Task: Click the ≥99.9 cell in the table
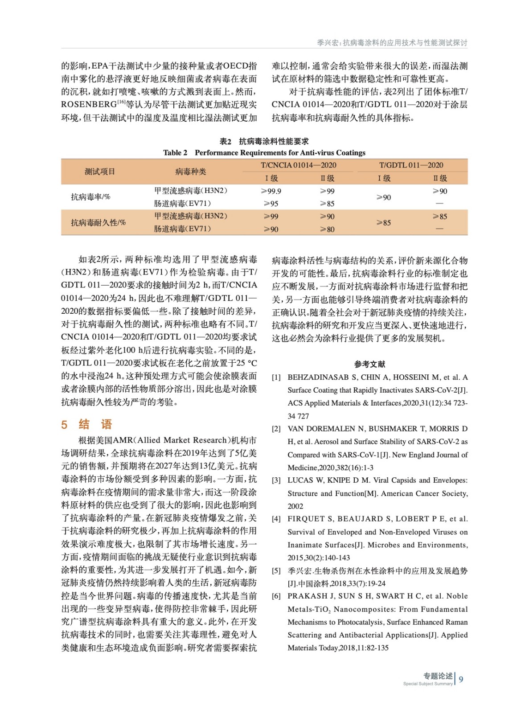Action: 271,191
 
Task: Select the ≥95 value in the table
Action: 271,204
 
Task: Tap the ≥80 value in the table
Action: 327,229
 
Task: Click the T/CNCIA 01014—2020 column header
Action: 298,165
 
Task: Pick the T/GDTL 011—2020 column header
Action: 411,165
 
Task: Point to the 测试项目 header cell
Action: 100,172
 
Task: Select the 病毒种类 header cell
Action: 190,172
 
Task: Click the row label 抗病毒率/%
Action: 90,197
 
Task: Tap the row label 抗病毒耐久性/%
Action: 98,222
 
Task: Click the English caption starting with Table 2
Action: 264,153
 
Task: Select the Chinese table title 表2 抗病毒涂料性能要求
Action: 264,141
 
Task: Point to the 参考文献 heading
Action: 369,364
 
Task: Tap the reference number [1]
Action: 276,377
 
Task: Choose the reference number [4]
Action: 276,519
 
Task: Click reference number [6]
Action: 276,596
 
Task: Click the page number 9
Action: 461,679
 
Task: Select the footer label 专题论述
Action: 438,676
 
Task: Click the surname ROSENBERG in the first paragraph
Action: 89,105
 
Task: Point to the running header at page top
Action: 392,43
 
